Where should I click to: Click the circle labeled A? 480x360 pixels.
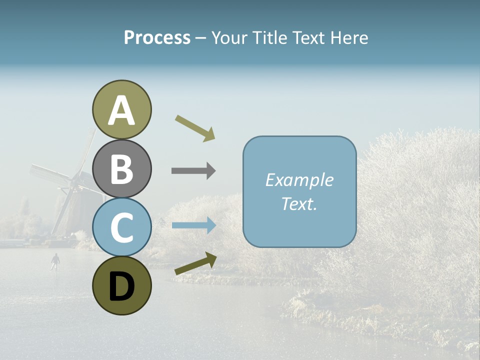click(121, 109)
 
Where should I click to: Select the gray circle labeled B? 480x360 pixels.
click(121, 168)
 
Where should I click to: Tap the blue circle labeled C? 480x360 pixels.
click(121, 227)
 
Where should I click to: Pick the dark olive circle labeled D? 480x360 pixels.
click(121, 285)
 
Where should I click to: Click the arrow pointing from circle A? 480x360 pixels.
click(195, 128)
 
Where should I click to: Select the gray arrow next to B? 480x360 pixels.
click(193, 171)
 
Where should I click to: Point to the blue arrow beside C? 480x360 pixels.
click(193, 225)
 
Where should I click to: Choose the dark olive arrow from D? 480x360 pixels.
click(195, 264)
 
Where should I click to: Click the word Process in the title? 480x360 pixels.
click(157, 38)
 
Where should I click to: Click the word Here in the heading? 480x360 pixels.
click(348, 38)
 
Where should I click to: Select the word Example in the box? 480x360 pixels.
click(299, 180)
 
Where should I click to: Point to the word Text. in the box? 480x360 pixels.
click(299, 204)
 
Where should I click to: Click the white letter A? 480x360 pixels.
click(121, 110)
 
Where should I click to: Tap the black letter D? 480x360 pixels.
click(121, 286)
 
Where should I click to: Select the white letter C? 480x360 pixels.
click(121, 228)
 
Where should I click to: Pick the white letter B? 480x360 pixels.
click(121, 169)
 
